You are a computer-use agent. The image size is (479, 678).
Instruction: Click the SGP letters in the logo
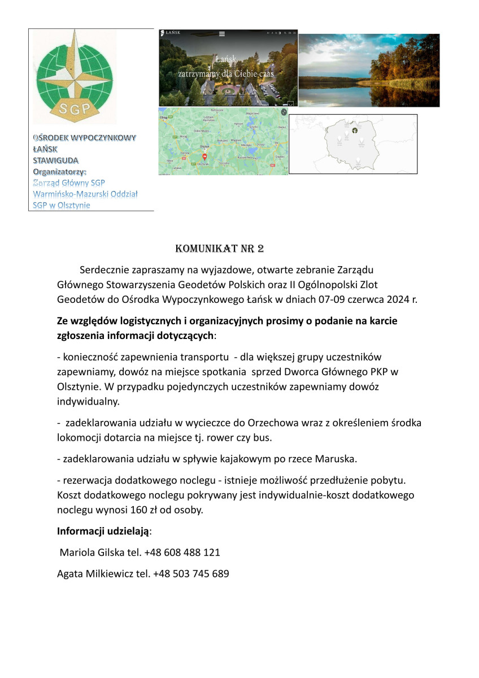click(x=74, y=109)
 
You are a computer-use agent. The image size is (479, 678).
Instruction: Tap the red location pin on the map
click(x=204, y=156)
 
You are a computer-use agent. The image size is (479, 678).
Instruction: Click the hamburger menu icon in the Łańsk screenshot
click(x=222, y=34)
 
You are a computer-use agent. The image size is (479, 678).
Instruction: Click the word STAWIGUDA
click(x=55, y=160)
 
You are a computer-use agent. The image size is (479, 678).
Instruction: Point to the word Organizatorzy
click(x=59, y=172)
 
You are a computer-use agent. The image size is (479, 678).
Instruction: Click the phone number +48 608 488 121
click(x=182, y=553)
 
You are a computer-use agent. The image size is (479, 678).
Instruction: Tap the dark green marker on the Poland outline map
click(x=355, y=130)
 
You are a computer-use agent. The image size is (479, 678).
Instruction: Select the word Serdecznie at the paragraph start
click(x=104, y=270)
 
